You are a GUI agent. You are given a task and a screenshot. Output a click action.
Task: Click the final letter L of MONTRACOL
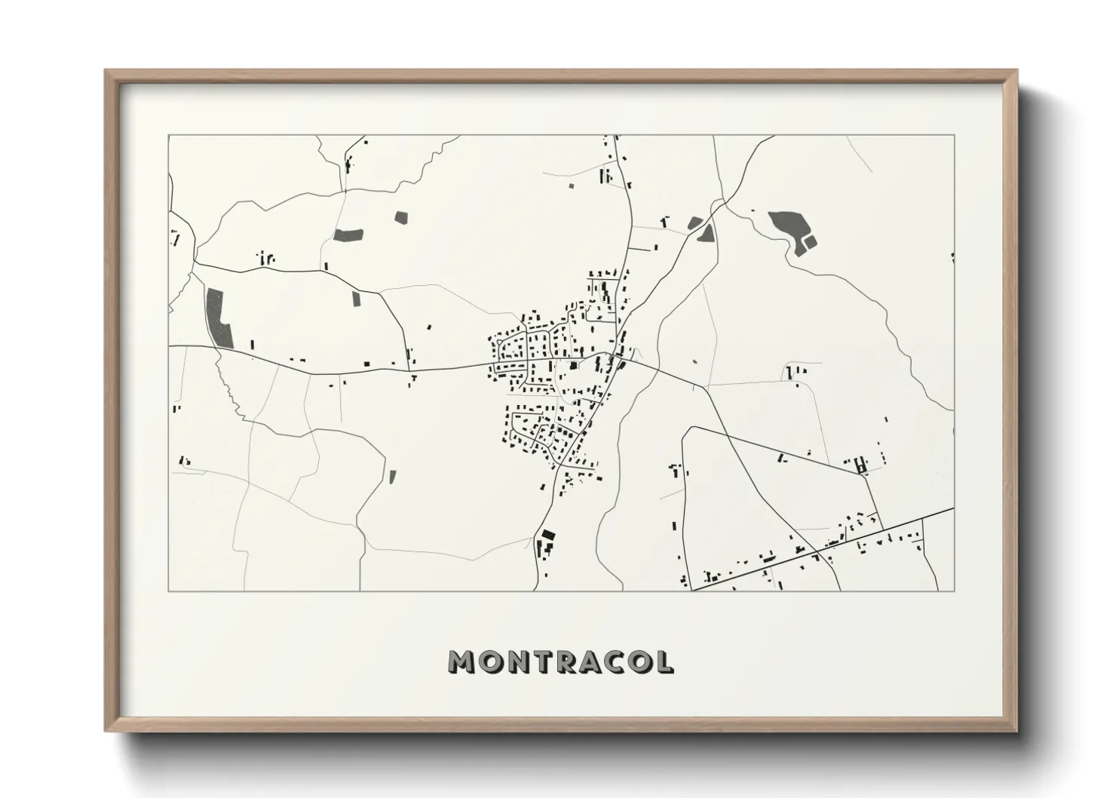(664, 662)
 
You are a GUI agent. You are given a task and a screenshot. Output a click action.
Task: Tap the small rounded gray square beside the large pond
(811, 242)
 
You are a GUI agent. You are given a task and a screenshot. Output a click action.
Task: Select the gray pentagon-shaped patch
(400, 216)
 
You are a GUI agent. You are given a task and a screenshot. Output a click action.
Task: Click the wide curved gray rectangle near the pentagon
(348, 234)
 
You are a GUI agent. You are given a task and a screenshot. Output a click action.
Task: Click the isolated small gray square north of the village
(571, 185)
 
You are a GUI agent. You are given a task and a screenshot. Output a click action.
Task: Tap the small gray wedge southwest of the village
(392, 476)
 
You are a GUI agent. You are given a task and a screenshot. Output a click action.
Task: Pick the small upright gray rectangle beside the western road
(357, 298)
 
